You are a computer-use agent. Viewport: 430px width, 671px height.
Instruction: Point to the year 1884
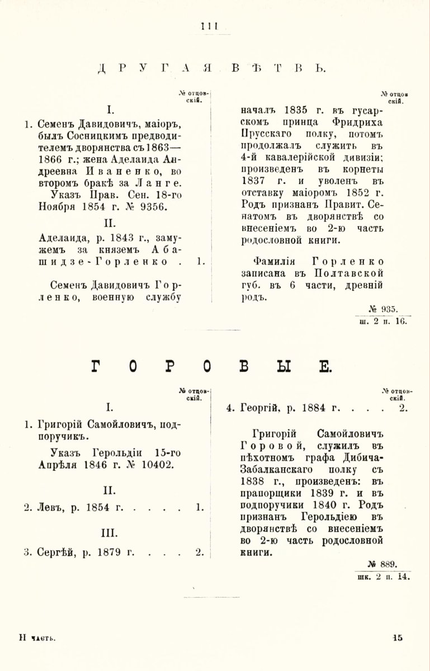(x=316, y=408)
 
